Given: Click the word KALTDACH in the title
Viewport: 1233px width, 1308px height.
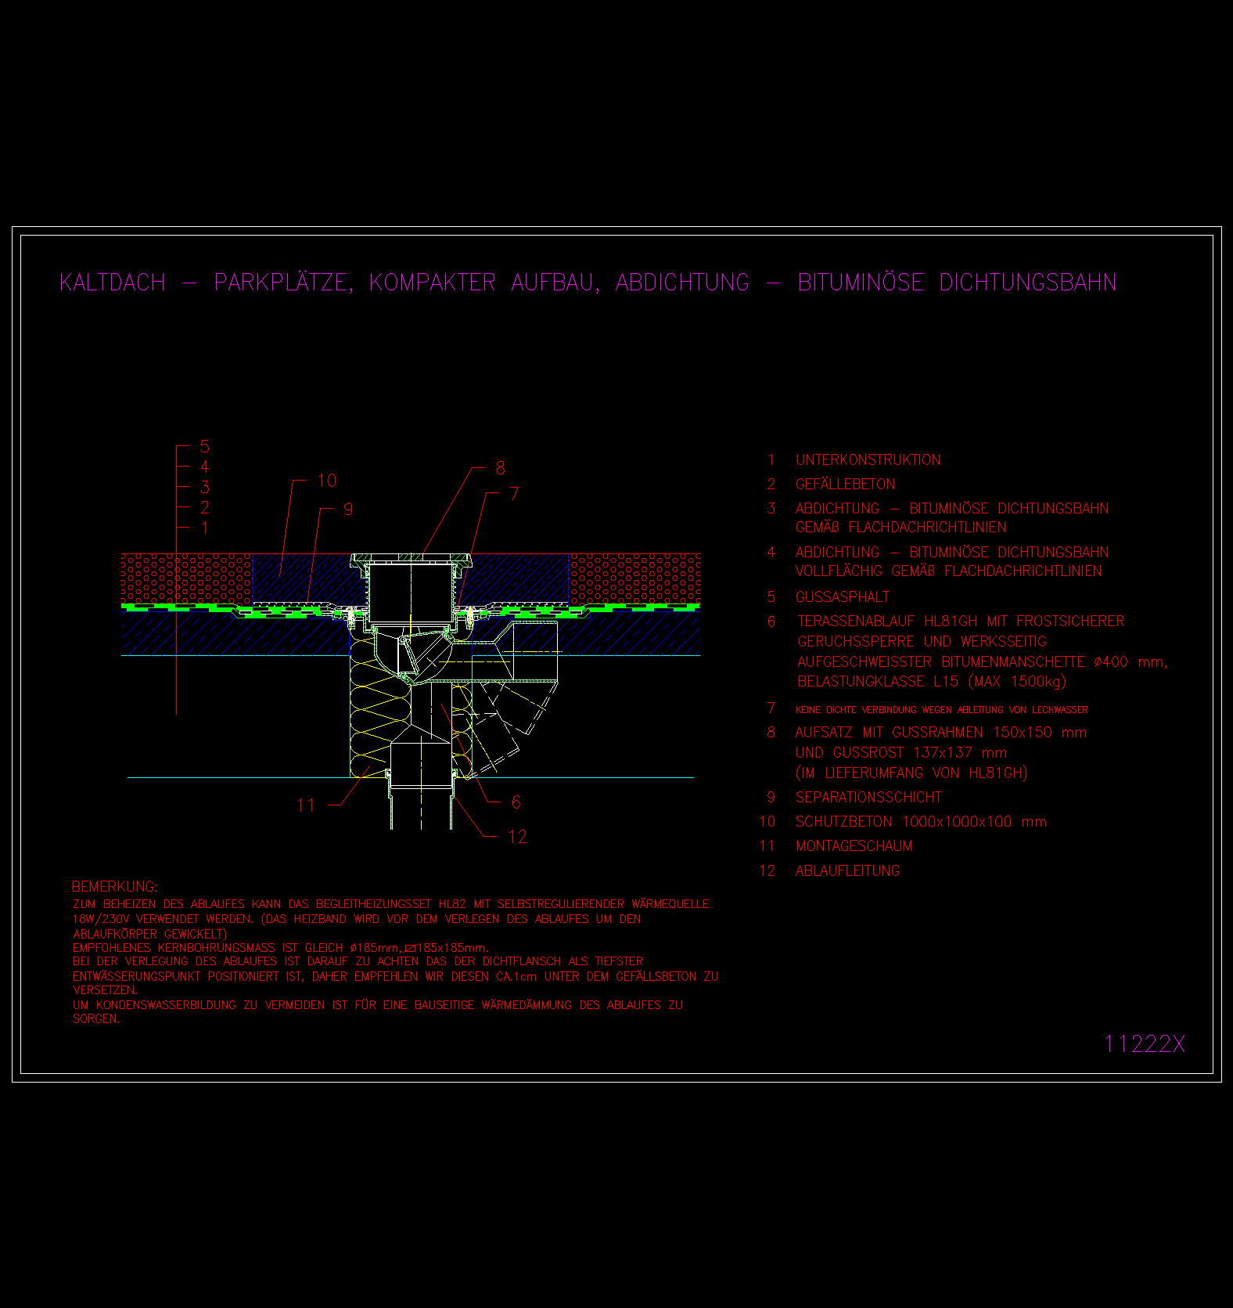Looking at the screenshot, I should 113,283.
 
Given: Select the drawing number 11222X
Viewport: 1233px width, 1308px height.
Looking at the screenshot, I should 1144,1043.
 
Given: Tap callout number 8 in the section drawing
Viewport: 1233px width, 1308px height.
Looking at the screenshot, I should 501,468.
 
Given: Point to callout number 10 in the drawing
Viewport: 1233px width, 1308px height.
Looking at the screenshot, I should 327,480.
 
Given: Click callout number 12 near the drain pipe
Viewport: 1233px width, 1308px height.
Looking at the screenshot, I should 518,837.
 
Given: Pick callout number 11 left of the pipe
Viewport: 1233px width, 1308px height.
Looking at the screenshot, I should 306,805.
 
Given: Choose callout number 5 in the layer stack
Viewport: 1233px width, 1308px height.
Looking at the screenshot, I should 205,446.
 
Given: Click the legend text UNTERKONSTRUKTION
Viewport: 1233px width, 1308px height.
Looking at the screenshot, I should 868,459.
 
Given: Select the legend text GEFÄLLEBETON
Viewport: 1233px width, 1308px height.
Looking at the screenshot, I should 845,484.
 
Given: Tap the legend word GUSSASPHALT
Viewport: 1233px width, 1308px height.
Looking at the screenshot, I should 842,597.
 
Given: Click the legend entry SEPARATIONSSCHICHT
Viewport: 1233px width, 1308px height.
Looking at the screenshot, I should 868,797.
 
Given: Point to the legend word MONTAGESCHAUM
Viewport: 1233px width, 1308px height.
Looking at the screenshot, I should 854,845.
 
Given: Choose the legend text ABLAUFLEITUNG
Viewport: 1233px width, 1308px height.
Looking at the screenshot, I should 847,870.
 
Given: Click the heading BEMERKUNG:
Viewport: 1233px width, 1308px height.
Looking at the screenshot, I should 115,886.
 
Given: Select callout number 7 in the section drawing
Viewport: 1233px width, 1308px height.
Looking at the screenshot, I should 514,493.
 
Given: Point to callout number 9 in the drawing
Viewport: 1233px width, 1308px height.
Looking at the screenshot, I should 348,509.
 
